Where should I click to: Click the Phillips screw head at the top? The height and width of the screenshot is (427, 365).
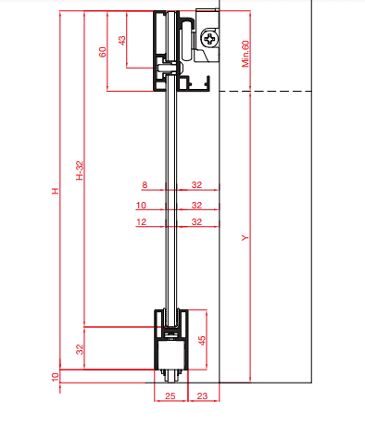coord(210,39)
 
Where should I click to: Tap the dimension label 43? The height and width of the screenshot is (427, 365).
coord(122,41)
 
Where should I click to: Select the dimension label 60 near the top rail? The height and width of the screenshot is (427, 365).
coord(103,52)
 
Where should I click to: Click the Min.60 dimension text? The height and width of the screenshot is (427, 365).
coord(245,54)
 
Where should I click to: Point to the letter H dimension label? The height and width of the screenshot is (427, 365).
coord(55,191)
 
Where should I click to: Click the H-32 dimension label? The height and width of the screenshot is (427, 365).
coord(80,170)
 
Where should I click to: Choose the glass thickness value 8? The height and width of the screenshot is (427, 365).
coord(145,185)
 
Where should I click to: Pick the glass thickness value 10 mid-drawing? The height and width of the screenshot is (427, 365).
coord(141,206)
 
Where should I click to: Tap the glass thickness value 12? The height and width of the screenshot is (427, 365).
coord(141,222)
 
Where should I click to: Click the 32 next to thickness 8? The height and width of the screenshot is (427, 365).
coord(196,185)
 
